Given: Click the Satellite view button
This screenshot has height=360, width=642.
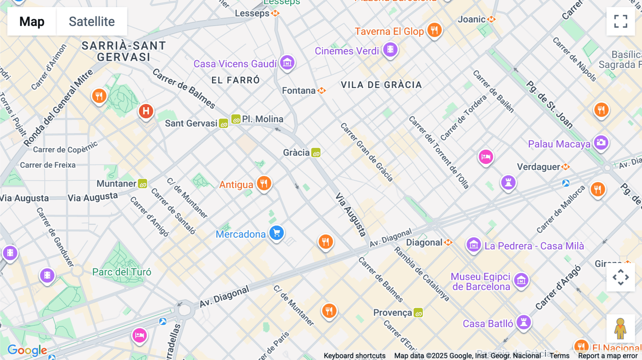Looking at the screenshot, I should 92,21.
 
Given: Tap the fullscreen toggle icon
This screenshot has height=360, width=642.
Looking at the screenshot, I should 621,21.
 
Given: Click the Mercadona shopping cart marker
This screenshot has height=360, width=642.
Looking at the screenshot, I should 276,233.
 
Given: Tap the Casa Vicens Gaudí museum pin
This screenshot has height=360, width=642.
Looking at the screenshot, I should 287,63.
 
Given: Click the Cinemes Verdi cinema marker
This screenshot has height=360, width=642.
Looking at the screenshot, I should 390,50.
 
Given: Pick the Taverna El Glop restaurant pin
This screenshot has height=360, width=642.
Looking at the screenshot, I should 434,30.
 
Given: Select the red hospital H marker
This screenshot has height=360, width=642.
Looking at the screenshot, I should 146,111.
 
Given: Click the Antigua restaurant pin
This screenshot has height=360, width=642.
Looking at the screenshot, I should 264,184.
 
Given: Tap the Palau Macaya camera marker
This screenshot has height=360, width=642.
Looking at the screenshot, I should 601,143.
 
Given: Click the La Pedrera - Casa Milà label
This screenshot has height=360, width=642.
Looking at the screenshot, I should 534,246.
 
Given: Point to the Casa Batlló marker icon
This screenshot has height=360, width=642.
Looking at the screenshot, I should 524,322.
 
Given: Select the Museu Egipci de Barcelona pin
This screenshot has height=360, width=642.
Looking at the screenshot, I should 521,280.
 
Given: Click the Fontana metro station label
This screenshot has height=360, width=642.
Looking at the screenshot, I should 299,91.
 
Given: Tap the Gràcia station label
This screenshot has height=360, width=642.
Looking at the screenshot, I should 296,153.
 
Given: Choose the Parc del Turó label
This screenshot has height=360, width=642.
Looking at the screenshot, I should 122,272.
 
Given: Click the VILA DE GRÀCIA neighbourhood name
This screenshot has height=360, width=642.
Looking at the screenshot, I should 381,85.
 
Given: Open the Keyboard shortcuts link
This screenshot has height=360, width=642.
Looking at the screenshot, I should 354,355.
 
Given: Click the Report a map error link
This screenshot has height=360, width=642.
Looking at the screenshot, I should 607,355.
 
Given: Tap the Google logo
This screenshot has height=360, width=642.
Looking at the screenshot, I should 27,350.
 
